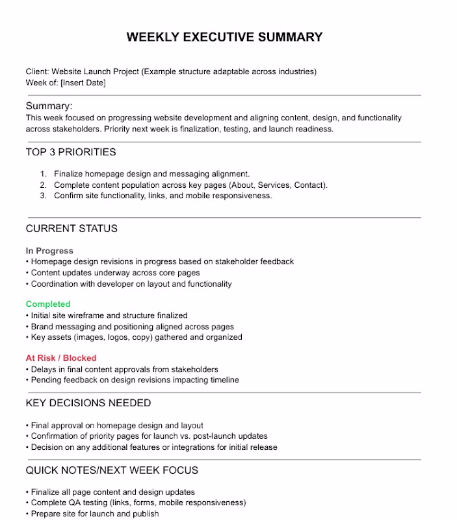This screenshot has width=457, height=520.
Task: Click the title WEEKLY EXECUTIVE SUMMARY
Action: click(224, 37)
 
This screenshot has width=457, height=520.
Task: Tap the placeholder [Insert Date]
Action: click(83, 83)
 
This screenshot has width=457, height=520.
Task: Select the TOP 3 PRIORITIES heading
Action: click(71, 152)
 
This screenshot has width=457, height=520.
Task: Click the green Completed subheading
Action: click(48, 304)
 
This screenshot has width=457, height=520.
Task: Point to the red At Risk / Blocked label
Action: click(61, 357)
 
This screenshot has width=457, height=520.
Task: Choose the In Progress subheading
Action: click(49, 250)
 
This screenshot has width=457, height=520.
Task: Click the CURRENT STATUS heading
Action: click(72, 228)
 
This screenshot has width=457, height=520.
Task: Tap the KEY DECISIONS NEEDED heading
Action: click(88, 403)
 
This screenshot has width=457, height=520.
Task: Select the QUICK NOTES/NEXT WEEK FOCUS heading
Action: click(112, 470)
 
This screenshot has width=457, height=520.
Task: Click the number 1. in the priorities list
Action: click(44, 174)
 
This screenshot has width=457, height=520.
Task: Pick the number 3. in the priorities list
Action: click(44, 196)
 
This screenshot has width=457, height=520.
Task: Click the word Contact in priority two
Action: click(309, 185)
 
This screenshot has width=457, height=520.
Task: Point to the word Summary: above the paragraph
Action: click(49, 106)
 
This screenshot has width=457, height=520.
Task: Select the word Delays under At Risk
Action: click(44, 369)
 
